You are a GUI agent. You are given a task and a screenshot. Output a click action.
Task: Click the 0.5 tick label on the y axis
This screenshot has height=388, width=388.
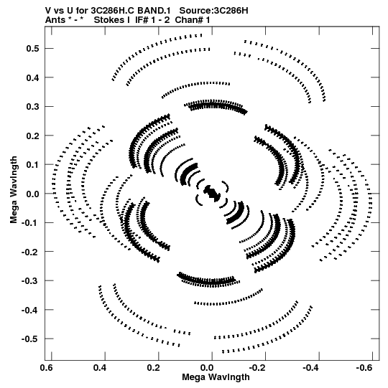tap(33, 49)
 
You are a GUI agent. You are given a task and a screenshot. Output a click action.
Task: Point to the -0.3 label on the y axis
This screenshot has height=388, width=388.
tap(31, 280)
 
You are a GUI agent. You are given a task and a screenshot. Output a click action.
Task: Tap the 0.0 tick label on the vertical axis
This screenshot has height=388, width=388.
tap(33, 194)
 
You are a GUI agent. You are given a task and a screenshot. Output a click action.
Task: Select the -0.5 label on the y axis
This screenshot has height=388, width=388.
tap(31, 339)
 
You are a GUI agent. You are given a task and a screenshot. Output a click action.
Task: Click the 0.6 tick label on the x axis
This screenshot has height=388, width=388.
tap(47, 368)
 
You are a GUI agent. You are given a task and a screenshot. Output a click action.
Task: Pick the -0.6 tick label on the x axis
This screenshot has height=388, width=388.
tap(364, 368)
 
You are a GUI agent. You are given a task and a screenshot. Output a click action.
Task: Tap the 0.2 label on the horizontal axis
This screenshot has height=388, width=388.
tap(154, 368)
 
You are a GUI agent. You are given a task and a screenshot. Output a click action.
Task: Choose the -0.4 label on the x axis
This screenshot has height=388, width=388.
tap(311, 368)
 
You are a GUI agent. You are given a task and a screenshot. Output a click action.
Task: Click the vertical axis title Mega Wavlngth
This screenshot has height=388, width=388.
tap(14, 190)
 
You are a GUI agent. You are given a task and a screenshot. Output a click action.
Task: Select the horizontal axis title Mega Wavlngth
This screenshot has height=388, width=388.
tap(216, 377)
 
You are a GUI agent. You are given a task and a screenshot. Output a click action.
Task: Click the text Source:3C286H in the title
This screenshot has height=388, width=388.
tap(213, 11)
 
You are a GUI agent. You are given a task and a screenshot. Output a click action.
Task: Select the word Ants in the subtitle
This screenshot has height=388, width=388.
tap(55, 20)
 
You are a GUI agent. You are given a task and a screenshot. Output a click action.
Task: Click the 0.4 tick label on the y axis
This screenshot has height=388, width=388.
tap(33, 77)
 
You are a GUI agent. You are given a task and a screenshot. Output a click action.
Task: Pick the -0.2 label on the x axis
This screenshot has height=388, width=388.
tap(258, 368)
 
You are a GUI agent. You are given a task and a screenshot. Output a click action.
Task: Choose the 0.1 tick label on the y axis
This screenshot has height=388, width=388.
tap(33, 165)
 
